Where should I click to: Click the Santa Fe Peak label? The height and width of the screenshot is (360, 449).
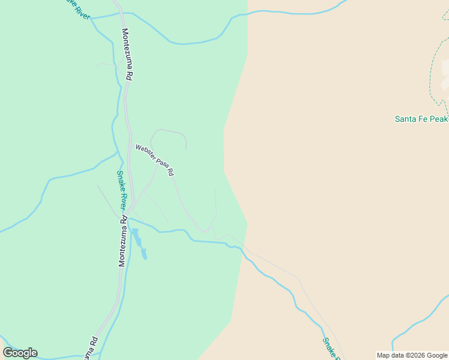pyautogui.click(x=421, y=119)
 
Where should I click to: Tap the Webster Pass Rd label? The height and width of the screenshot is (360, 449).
pyautogui.click(x=154, y=160)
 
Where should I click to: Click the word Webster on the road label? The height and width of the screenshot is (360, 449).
pyautogui.click(x=146, y=152)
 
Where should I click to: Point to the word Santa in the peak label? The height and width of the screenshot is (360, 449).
pyautogui.click(x=405, y=119)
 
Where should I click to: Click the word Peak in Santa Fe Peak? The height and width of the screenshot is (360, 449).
pyautogui.click(x=439, y=119)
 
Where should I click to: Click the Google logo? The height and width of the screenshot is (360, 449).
pyautogui.click(x=20, y=352)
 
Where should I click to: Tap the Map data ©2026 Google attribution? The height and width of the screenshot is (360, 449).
pyautogui.click(x=412, y=355)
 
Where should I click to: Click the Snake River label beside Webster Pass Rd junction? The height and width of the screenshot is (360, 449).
pyautogui.click(x=122, y=190)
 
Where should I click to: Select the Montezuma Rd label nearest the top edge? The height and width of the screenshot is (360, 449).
pyautogui.click(x=127, y=54)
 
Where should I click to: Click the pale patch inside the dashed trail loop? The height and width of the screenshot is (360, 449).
pyautogui.click(x=445, y=84)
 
